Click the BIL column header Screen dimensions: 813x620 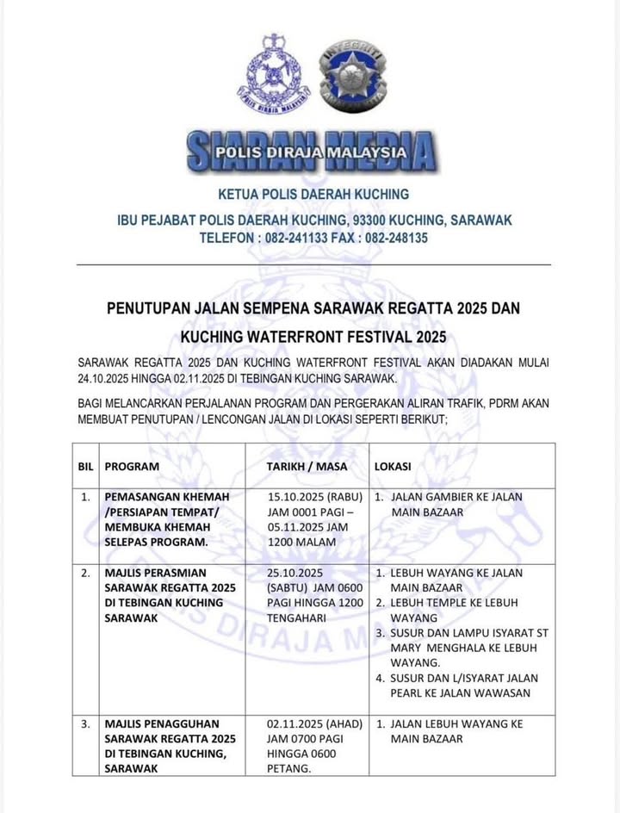[x=85, y=466]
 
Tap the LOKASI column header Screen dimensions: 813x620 [x=392, y=466]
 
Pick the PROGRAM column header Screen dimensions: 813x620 [x=132, y=466]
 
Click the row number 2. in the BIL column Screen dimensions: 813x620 [x=85, y=573]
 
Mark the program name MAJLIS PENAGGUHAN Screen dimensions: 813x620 [x=162, y=724]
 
